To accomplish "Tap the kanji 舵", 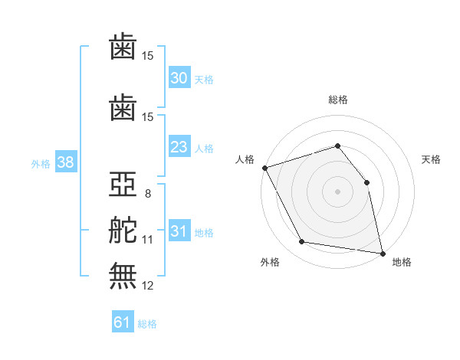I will [123, 231].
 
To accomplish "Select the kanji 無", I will [123, 276].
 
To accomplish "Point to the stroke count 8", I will [148, 194].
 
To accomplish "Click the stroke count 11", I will [148, 240].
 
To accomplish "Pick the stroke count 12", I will [148, 285].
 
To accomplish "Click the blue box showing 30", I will [179, 78].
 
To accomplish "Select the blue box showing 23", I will [179, 147].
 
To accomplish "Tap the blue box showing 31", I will [179, 231].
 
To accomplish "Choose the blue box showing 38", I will [65, 162].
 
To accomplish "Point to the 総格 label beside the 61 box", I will [147, 324].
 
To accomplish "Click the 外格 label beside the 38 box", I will [41, 163].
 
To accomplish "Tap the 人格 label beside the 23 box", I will [204, 148].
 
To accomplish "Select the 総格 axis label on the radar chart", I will [337, 100].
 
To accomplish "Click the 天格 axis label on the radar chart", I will [432, 159].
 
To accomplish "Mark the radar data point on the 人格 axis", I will [264, 168].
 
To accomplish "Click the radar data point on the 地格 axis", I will [382, 253].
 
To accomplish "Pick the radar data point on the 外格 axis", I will [301, 242].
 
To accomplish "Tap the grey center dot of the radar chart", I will [337, 191].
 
